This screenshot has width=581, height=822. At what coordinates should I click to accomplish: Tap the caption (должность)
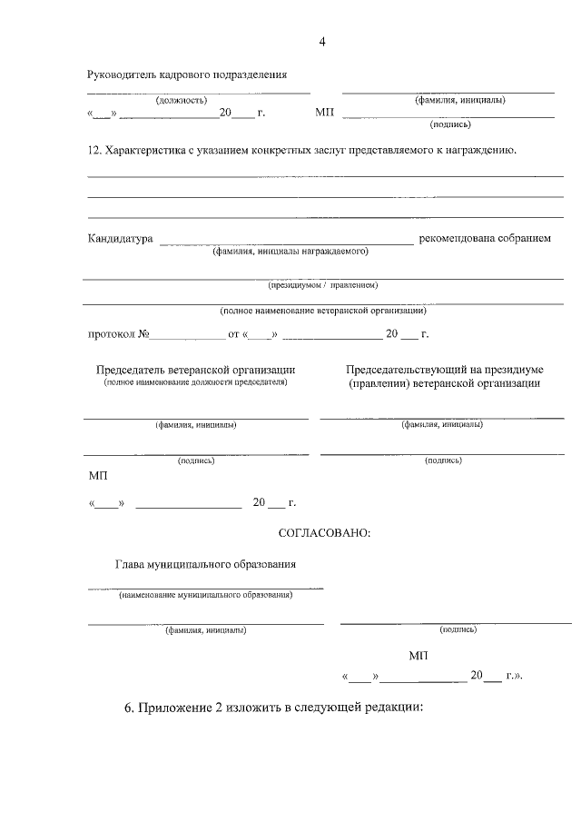tap(182, 100)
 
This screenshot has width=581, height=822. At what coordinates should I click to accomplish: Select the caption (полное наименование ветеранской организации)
tap(322, 311)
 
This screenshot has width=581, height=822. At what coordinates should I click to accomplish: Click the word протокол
tap(112, 334)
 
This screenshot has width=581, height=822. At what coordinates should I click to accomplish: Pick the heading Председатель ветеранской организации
tap(195, 370)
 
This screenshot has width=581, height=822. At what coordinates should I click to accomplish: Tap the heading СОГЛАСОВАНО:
tap(324, 531)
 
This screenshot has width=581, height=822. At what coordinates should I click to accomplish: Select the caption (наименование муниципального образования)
tap(205, 596)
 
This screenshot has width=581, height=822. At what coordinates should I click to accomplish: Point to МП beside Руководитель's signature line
tap(324, 114)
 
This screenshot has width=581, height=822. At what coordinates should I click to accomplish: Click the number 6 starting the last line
tap(128, 708)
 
